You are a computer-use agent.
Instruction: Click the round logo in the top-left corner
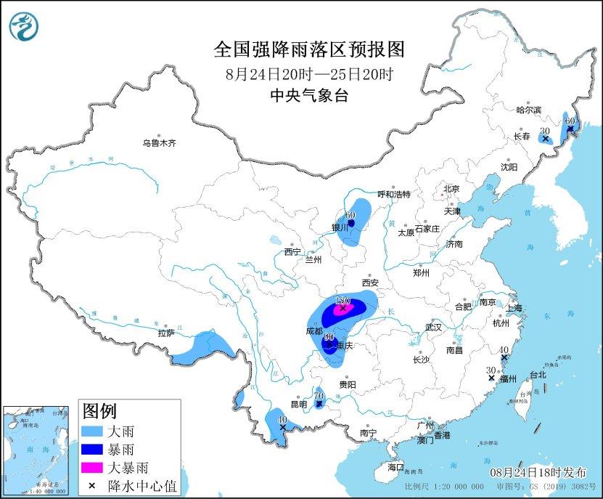23,27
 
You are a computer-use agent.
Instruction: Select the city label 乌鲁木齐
159,144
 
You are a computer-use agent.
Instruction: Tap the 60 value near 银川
350,215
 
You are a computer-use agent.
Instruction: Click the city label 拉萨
165,333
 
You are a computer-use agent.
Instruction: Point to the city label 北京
452,190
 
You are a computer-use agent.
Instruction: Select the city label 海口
395,466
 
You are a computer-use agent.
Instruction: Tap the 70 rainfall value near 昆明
318,396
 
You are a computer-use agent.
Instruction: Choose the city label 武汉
433,328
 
